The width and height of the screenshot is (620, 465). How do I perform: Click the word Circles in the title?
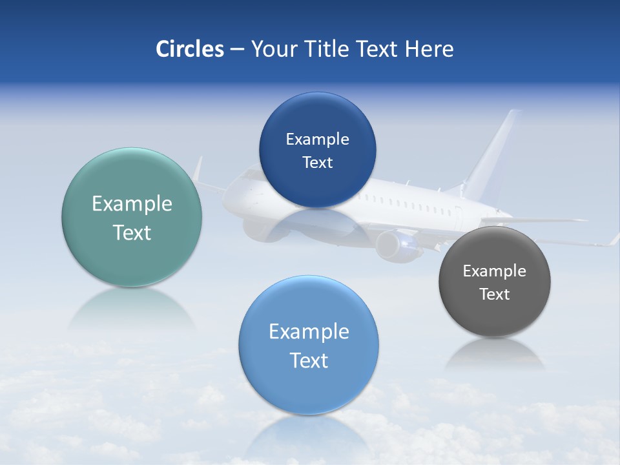tap(189, 49)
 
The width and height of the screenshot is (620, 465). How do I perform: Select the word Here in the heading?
tap(429, 49)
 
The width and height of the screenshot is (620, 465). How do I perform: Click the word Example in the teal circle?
tap(132, 204)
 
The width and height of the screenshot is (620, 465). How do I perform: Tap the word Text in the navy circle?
tap(317, 163)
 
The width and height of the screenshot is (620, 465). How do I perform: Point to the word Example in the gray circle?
tap(494, 271)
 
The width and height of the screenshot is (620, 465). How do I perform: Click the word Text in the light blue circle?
tap(309, 360)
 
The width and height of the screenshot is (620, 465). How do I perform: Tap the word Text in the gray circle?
tap(494, 294)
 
